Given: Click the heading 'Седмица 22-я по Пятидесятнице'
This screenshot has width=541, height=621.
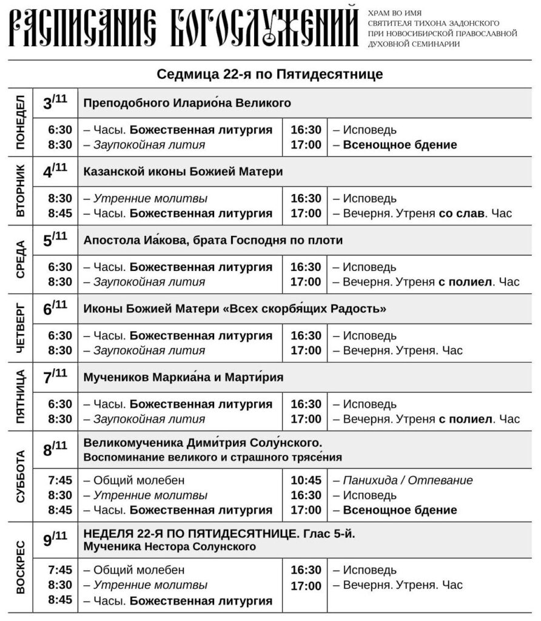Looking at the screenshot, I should click(x=270, y=75).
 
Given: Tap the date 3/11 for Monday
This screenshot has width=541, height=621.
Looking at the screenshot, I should click(x=55, y=103).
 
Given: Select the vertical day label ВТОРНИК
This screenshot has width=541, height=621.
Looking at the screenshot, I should click(x=21, y=191).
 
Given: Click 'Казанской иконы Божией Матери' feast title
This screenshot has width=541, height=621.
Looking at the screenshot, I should click(x=183, y=172).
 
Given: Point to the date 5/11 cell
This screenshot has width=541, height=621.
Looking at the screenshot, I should click(x=55, y=240).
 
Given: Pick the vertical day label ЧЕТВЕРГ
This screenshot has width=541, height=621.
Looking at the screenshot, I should click(x=21, y=328).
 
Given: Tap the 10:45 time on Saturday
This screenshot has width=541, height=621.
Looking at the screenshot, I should click(x=306, y=480).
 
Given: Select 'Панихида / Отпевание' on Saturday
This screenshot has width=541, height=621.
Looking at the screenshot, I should click(x=408, y=480).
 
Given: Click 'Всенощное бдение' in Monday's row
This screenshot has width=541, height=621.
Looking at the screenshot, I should click(x=400, y=145).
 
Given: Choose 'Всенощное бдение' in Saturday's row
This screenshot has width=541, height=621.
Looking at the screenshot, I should click(x=400, y=510).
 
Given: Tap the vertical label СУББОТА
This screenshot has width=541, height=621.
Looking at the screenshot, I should click(x=21, y=476).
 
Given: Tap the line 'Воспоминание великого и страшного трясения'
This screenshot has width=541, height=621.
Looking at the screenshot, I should click(x=212, y=457).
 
